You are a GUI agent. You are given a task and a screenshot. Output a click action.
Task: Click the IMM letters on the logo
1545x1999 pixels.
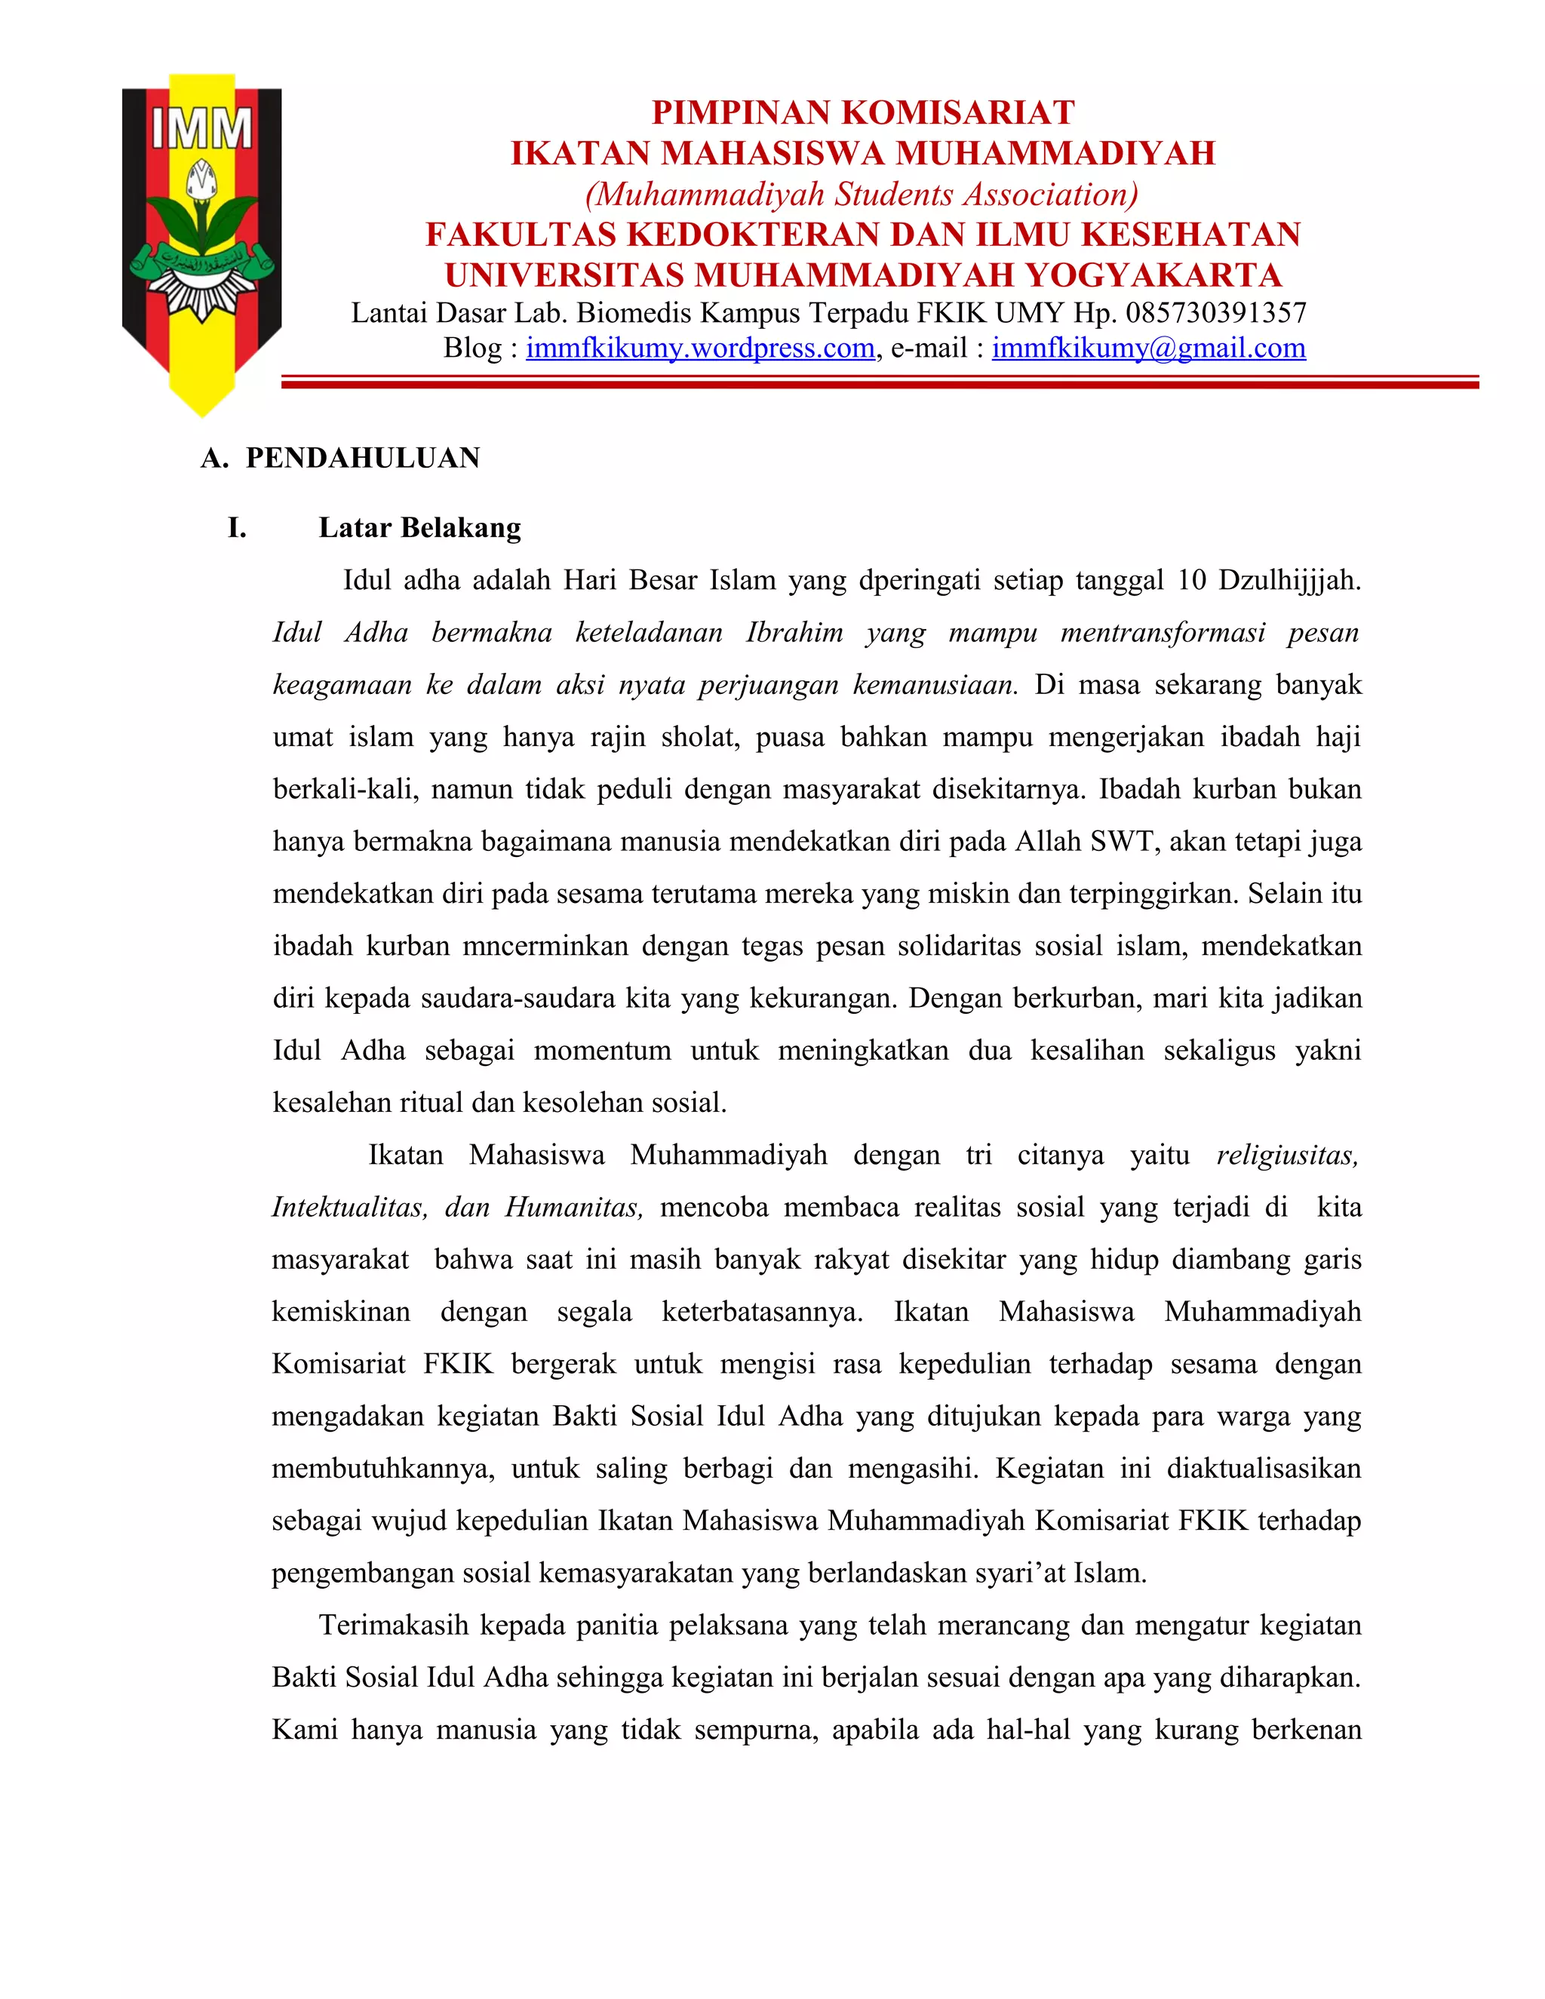coord(201,129)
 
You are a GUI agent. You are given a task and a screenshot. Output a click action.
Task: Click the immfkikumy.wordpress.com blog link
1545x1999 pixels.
coord(700,349)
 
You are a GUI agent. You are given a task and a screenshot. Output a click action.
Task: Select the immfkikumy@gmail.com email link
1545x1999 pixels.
coord(1149,349)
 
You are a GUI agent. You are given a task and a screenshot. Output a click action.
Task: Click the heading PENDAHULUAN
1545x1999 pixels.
coord(362,458)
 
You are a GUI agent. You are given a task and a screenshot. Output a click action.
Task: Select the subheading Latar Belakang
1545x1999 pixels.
coord(419,528)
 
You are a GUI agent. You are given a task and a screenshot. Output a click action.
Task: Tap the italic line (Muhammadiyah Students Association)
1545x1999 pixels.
coord(862,194)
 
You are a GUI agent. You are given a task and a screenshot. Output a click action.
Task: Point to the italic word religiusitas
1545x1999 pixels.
coord(1287,1155)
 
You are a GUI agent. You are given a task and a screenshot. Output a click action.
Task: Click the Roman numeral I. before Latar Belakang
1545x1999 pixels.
coord(237,528)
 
